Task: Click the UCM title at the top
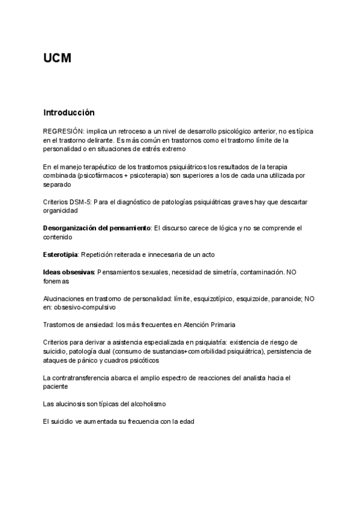(57, 58)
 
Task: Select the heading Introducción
(69, 112)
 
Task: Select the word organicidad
(61, 211)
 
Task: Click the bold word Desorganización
(72, 228)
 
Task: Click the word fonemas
(56, 281)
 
